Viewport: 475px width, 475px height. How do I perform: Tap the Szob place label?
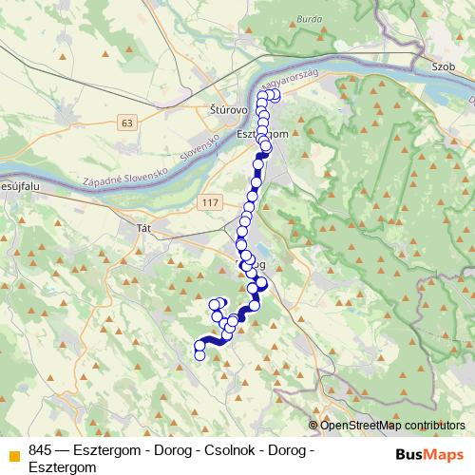pos(442,69)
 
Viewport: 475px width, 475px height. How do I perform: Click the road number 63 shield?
pos(128,122)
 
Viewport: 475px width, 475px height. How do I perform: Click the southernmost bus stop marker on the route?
pos(199,355)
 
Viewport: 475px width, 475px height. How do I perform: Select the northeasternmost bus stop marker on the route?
pos(276,95)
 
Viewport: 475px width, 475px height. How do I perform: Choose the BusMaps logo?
pos(426,452)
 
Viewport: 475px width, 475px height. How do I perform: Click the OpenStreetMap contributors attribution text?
pos(392,425)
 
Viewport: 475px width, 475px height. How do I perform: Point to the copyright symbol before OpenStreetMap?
pos(313,425)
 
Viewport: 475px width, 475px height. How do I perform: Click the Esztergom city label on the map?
pos(261,135)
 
